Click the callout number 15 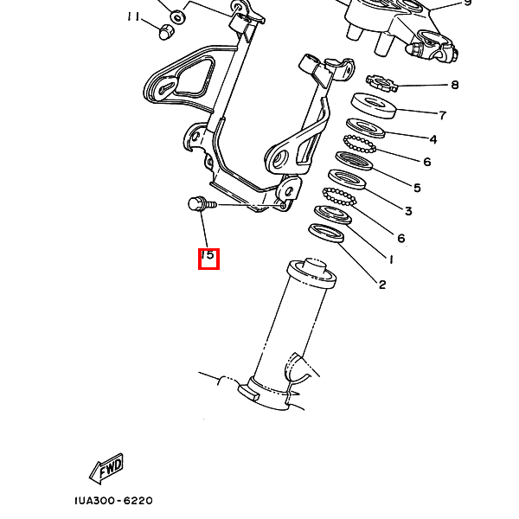[x=208, y=255]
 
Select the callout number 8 [x=455, y=85]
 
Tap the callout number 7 [x=443, y=115]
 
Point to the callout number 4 [x=433, y=139]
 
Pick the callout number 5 [x=418, y=188]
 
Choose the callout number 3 [x=408, y=211]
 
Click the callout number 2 [x=382, y=285]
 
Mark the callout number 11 [x=133, y=16]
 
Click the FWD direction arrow [x=106, y=468]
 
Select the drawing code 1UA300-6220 [x=113, y=500]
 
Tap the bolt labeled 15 [x=202, y=204]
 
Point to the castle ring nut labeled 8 [x=381, y=83]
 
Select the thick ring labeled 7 [x=374, y=106]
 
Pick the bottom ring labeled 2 [x=326, y=233]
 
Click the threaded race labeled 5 [x=354, y=161]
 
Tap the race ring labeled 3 [x=347, y=179]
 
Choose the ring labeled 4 [x=366, y=128]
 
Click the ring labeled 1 [x=333, y=215]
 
